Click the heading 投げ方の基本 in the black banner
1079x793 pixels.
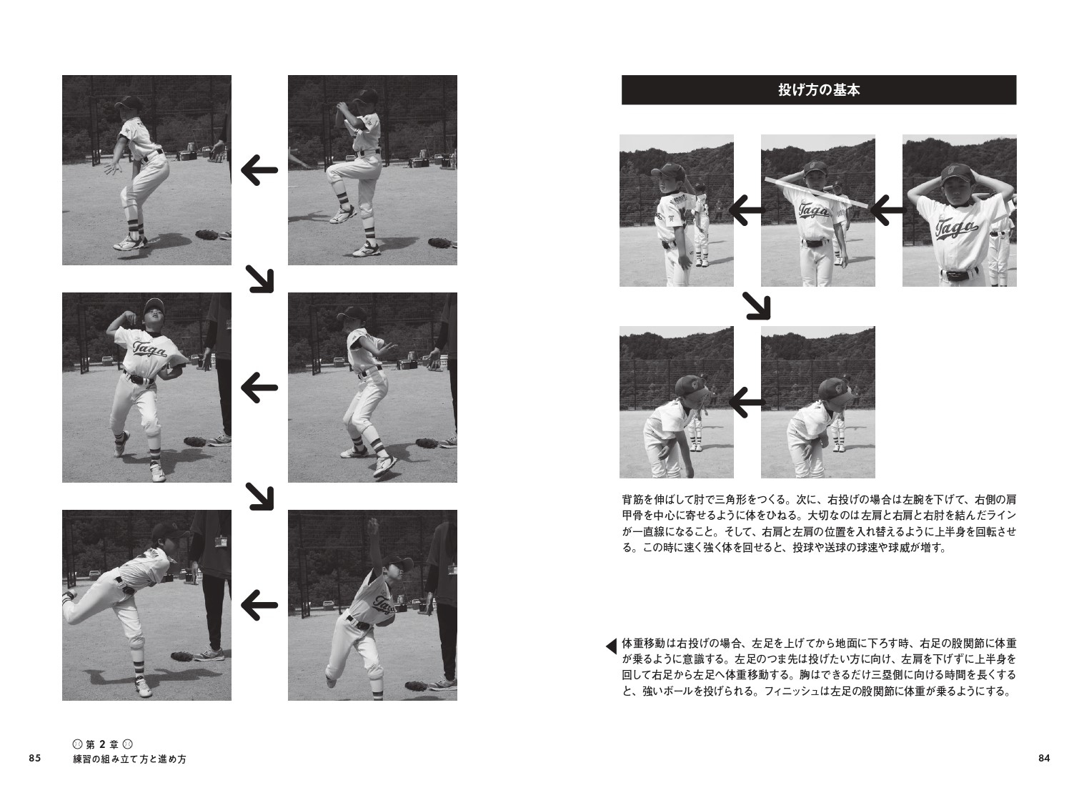818,91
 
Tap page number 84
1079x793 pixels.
1043,759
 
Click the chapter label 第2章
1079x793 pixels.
104,744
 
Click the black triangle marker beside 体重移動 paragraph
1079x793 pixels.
611,646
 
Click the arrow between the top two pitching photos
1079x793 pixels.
259,170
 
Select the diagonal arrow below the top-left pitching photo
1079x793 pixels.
260,279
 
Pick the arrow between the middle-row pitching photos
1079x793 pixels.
259,388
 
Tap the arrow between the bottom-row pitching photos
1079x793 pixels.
259,605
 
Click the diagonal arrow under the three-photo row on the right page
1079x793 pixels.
757,306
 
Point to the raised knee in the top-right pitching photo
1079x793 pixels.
336,172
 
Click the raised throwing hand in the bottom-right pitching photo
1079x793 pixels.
372,526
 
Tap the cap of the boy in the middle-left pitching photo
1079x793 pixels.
154,307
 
